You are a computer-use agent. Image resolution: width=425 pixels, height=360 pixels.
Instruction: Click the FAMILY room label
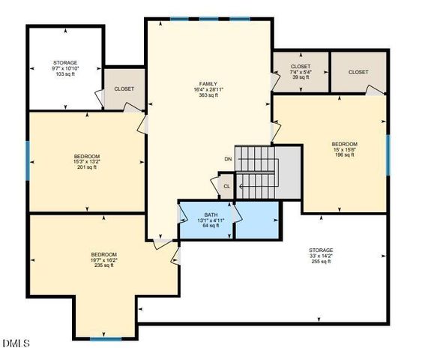[x=208, y=83]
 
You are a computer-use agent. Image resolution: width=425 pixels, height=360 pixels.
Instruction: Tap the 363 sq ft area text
[x=208, y=95]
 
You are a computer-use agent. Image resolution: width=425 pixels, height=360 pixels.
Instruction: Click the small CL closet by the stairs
[x=226, y=187]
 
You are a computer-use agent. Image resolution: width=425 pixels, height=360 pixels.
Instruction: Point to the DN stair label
[x=228, y=159]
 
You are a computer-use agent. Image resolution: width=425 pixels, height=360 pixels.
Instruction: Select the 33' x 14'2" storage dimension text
[x=321, y=256]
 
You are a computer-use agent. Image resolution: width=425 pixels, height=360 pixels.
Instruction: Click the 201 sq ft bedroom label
[x=86, y=167]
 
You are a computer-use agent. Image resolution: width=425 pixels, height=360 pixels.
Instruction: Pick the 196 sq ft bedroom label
[x=344, y=156]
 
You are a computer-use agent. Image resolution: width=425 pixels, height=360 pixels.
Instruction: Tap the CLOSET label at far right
[x=358, y=72]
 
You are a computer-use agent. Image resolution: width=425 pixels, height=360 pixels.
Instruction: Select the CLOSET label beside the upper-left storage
[x=124, y=88]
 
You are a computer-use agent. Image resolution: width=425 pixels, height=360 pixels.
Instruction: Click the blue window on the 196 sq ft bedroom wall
[x=388, y=154]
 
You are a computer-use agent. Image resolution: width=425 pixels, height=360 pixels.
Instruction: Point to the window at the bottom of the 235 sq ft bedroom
[x=106, y=338]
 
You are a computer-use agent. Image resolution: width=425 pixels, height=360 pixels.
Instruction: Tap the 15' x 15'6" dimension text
[x=344, y=150]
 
